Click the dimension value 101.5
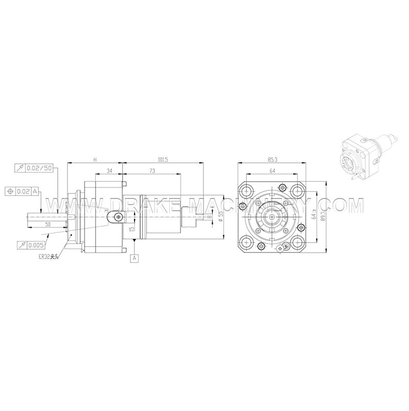coord(163,160)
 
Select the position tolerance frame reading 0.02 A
coord(23,191)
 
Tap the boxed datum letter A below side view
coord(135,258)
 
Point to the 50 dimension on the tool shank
coord(48,224)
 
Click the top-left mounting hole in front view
coord(248,191)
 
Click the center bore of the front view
coord(273,216)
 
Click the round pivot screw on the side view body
coord(119,217)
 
